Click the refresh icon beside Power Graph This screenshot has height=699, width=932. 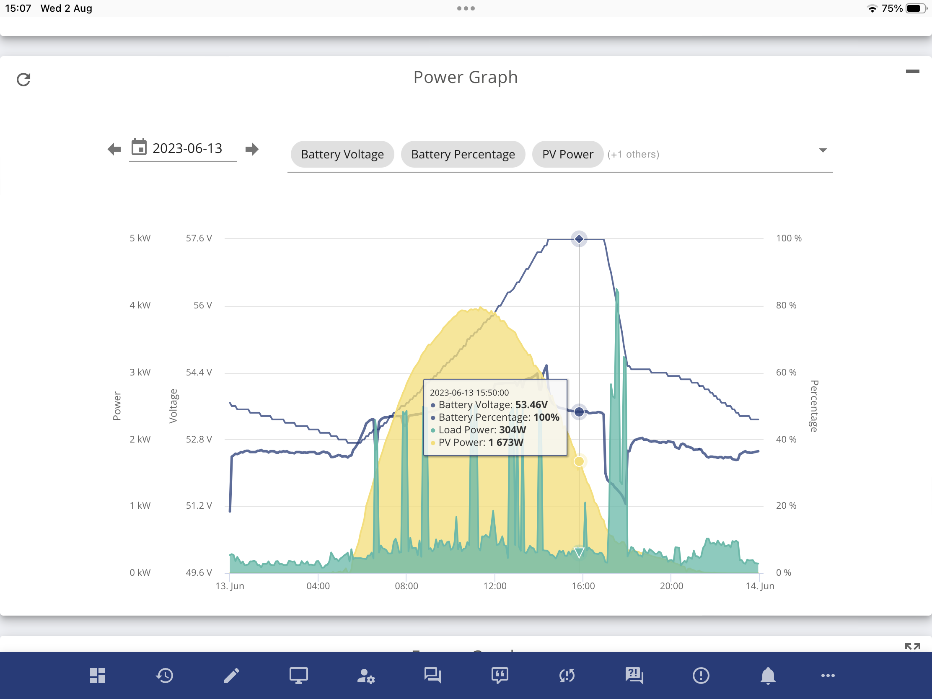[x=23, y=79]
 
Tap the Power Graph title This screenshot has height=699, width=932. [x=466, y=78]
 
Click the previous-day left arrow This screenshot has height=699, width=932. [x=114, y=149]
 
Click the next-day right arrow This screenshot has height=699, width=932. [x=252, y=149]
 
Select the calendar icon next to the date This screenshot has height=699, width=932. [x=139, y=147]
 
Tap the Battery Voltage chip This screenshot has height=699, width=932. [x=342, y=154]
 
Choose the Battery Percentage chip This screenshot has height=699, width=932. [x=463, y=154]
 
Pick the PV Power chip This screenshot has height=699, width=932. [x=567, y=154]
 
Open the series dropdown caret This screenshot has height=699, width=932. [x=823, y=150]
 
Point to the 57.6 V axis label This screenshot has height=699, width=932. [x=199, y=238]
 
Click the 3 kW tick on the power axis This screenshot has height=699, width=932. [x=140, y=372]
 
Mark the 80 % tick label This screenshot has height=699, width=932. [x=786, y=305]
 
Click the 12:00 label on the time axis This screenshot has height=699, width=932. [x=494, y=586]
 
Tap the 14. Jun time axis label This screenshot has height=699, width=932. [x=760, y=586]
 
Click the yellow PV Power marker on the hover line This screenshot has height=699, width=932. [x=579, y=461]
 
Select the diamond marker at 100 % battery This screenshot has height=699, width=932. [x=579, y=239]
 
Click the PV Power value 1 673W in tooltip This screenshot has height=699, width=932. [x=506, y=443]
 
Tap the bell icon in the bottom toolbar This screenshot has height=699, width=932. [x=768, y=676]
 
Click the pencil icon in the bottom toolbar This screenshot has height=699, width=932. [x=231, y=676]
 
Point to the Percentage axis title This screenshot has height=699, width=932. [x=814, y=406]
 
